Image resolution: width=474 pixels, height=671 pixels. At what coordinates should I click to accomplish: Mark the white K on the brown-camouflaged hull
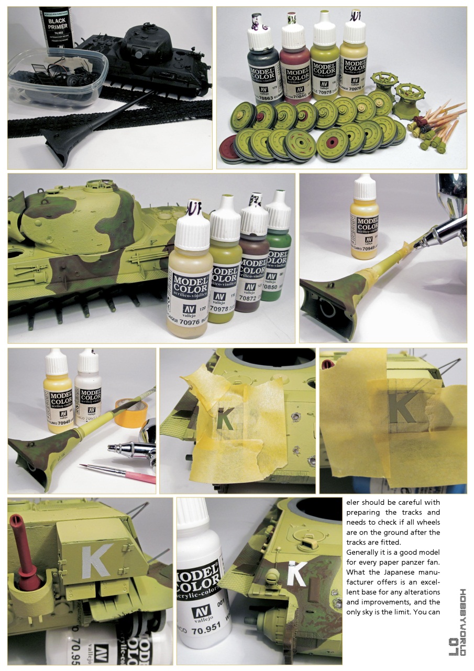coord(297,575)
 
